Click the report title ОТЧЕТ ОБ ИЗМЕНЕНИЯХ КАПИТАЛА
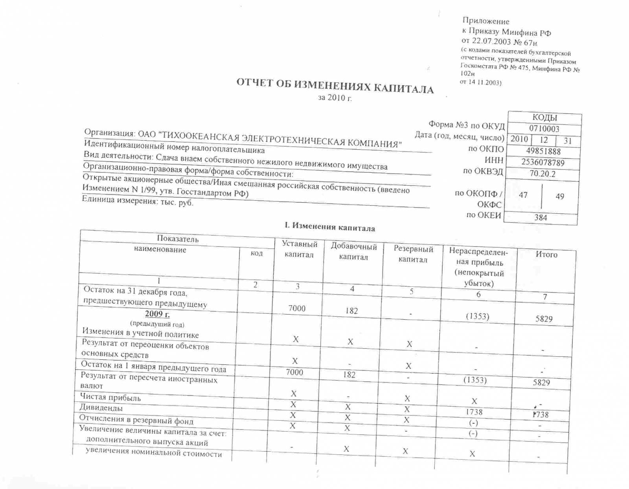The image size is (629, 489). coord(335,86)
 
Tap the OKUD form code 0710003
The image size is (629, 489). coord(544,129)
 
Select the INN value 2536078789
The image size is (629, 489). coord(543,162)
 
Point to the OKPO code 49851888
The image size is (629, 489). coord(543,151)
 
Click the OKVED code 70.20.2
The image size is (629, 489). coord(543,174)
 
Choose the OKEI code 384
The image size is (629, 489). coord(541,217)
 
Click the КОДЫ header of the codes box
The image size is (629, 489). coord(544,117)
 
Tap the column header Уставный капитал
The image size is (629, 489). coord(299,249)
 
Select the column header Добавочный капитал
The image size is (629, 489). coord(353,251)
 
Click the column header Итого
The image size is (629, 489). coord(546,255)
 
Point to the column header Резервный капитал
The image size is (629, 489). coord(413,254)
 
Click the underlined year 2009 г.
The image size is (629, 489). coord(157,314)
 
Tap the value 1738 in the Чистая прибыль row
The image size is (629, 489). coord(474,412)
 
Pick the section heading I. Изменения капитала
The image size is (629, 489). coord(329,227)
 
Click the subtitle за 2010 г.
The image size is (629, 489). coord(335,98)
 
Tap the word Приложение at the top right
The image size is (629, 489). coord(486,21)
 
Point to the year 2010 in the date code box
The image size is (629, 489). coord(519,139)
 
